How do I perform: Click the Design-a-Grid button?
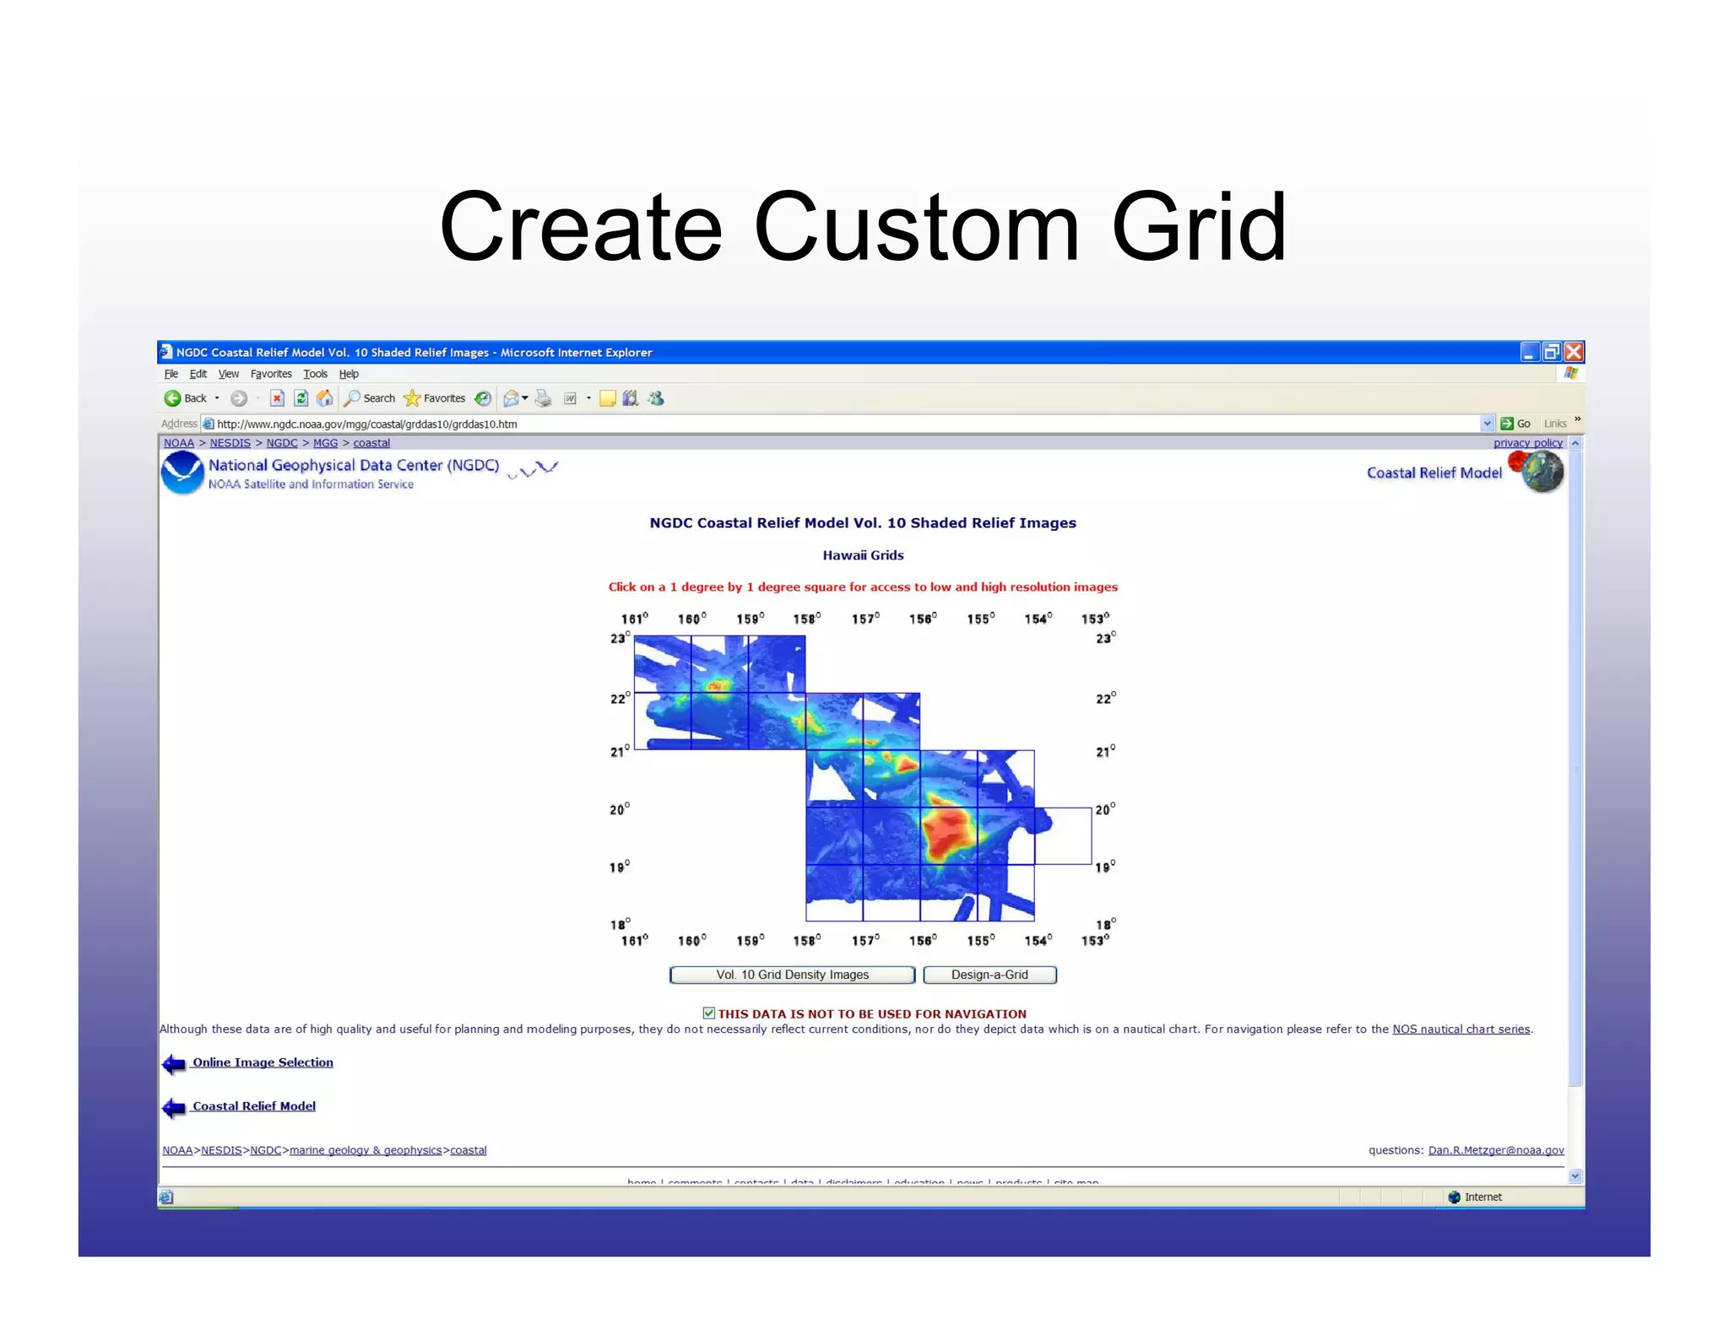pyautogui.click(x=989, y=975)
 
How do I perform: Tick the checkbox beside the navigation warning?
pyautogui.click(x=709, y=1013)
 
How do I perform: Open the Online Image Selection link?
pyautogui.click(x=263, y=1062)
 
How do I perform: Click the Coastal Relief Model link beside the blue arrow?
pyautogui.click(x=254, y=1106)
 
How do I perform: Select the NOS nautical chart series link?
pyautogui.click(x=1461, y=1030)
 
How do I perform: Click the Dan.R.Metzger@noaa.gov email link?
pyautogui.click(x=1496, y=1150)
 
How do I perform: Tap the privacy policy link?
pyautogui.click(x=1527, y=443)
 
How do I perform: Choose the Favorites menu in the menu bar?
pyautogui.click(x=271, y=374)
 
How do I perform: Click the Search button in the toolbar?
pyautogui.click(x=370, y=398)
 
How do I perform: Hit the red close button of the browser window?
pyautogui.click(x=1574, y=352)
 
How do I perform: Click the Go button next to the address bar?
pyautogui.click(x=1515, y=424)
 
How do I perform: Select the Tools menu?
pyautogui.click(x=315, y=374)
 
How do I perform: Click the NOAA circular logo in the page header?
pyautogui.click(x=182, y=473)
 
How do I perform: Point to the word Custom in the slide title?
pyautogui.click(x=916, y=228)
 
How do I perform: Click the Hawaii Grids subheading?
pyautogui.click(x=863, y=555)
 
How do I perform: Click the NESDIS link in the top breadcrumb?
pyautogui.click(x=230, y=443)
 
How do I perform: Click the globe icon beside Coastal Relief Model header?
pyautogui.click(x=1542, y=472)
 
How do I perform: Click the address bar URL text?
pyautogui.click(x=366, y=424)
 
